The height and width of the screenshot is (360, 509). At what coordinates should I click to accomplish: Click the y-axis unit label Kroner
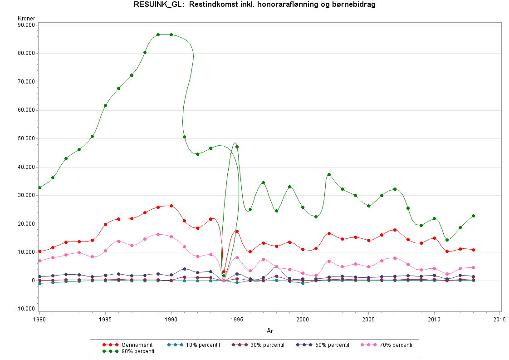[x=26, y=18]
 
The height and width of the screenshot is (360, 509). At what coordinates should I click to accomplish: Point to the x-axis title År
[x=269, y=331]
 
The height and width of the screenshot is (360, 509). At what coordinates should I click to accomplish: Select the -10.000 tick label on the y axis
[x=25, y=309]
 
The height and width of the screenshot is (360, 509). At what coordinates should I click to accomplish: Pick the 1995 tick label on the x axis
[x=237, y=319]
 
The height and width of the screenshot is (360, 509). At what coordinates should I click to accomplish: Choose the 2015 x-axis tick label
[x=500, y=319]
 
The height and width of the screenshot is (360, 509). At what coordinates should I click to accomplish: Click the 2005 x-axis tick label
[x=368, y=319]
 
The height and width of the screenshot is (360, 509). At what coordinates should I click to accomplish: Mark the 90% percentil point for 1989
[x=158, y=35]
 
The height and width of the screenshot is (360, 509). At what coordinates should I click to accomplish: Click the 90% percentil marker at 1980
[x=40, y=187]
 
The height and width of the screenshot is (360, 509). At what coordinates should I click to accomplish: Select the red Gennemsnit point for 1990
[x=171, y=206]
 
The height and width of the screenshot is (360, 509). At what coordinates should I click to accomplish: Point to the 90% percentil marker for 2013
[x=473, y=216]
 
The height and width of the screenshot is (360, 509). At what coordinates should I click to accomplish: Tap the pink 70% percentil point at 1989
[x=158, y=234]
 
